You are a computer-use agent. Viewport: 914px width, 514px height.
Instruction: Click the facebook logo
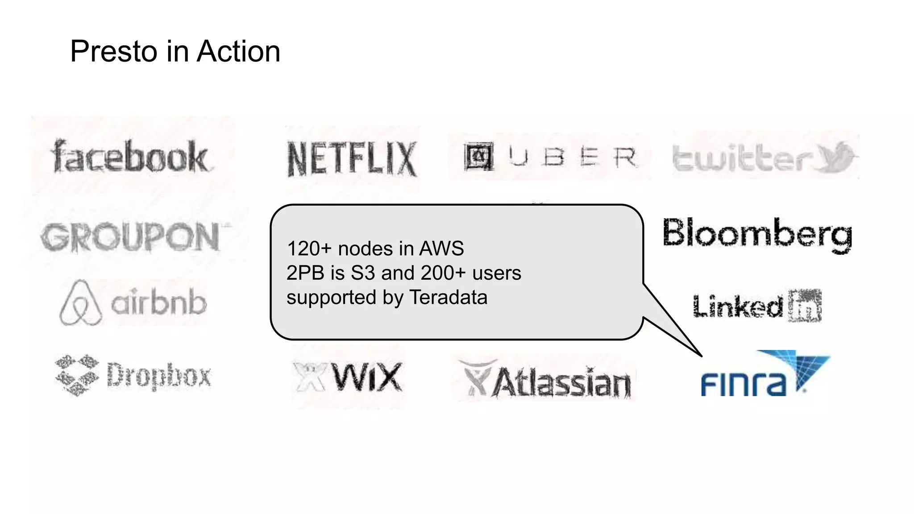point(130,157)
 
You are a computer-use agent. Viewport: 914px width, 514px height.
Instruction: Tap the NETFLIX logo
point(352,159)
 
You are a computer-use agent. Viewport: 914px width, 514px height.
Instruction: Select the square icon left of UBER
point(478,157)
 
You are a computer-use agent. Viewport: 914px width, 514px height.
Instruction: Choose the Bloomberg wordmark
point(757,234)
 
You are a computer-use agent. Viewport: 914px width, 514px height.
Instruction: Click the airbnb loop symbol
point(80,303)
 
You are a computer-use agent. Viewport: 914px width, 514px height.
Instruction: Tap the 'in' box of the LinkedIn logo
point(805,306)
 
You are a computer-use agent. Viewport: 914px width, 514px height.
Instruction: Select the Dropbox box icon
point(77,375)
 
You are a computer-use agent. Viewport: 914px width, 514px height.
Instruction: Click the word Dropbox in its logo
point(159,376)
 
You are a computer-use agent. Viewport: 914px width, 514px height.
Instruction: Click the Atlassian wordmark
point(561,383)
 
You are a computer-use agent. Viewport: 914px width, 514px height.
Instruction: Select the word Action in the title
point(238,52)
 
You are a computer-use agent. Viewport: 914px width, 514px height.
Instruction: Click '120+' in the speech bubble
point(309,249)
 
